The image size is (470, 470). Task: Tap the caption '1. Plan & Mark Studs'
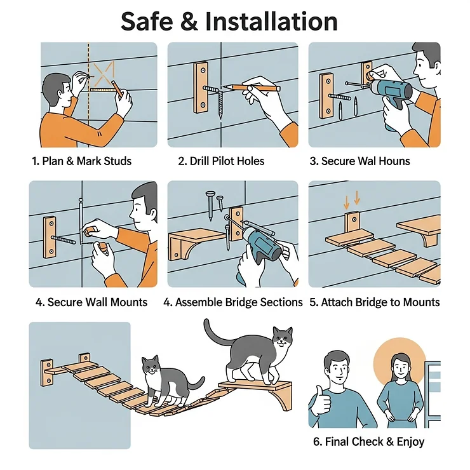coord(81,161)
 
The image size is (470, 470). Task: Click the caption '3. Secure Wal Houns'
coord(359,161)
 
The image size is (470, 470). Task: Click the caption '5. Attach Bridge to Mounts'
coord(375,302)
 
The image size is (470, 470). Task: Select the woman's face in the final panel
coord(399,366)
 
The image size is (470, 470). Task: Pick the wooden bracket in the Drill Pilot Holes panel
coord(201,87)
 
